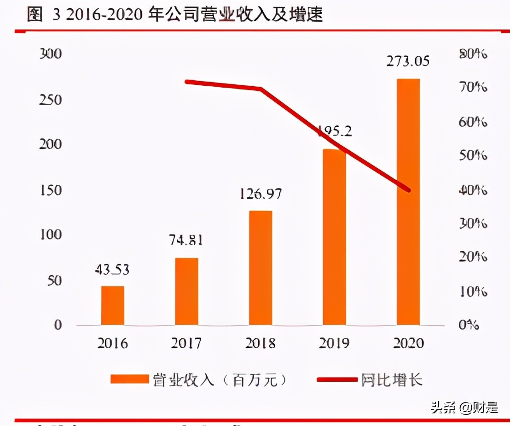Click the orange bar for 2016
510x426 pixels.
click(x=113, y=305)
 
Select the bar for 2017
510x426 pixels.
click(x=186, y=291)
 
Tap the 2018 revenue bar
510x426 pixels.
click(x=260, y=268)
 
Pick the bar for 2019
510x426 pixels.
click(x=334, y=237)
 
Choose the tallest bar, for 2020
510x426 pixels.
click(x=408, y=202)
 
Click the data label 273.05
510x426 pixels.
click(x=408, y=61)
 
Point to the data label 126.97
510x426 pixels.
click(x=260, y=194)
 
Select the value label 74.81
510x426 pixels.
click(x=186, y=240)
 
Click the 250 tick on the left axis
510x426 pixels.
click(x=51, y=100)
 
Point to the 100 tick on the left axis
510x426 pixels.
click(x=51, y=235)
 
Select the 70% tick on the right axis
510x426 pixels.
click(x=473, y=88)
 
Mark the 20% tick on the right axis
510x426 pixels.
click(x=473, y=257)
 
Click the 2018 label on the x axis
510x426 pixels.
click(x=260, y=343)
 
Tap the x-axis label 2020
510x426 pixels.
click(x=408, y=343)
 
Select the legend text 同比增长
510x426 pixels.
click(x=391, y=380)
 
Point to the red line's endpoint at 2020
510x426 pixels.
click(x=408, y=189)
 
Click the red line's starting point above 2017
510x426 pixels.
click(x=186, y=82)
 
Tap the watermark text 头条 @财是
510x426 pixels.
click(x=464, y=407)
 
